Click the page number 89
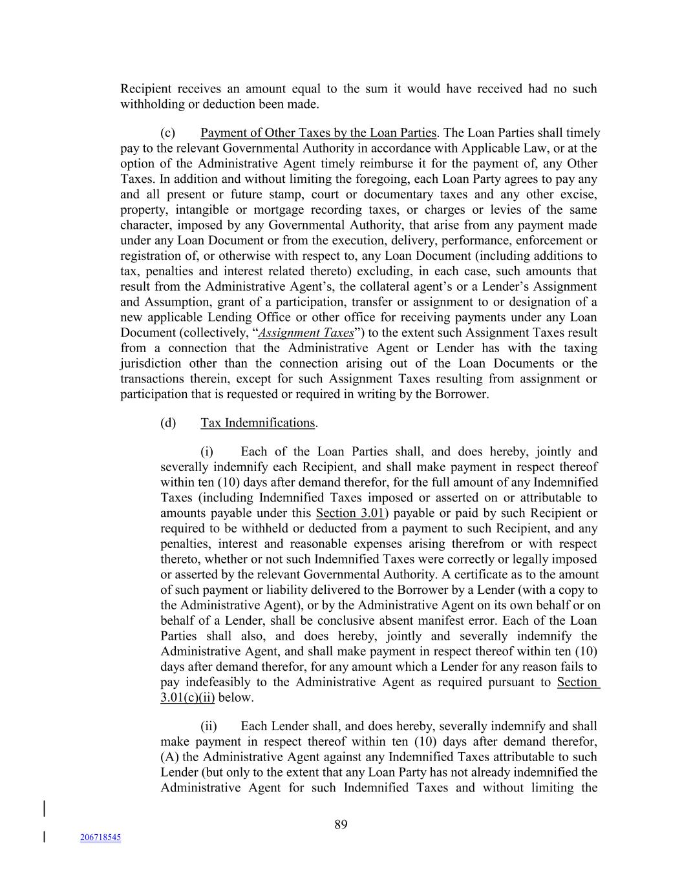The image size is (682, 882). (x=341, y=824)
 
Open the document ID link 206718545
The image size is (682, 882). (x=100, y=837)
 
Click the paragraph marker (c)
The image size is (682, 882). (x=168, y=133)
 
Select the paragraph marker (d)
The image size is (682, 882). (x=168, y=423)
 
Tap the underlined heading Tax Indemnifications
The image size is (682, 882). (x=258, y=423)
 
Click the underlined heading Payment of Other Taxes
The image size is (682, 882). (x=319, y=133)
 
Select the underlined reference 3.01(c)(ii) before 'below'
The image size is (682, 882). (x=187, y=698)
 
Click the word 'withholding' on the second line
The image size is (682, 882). (x=151, y=105)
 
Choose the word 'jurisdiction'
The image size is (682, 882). (x=151, y=364)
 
